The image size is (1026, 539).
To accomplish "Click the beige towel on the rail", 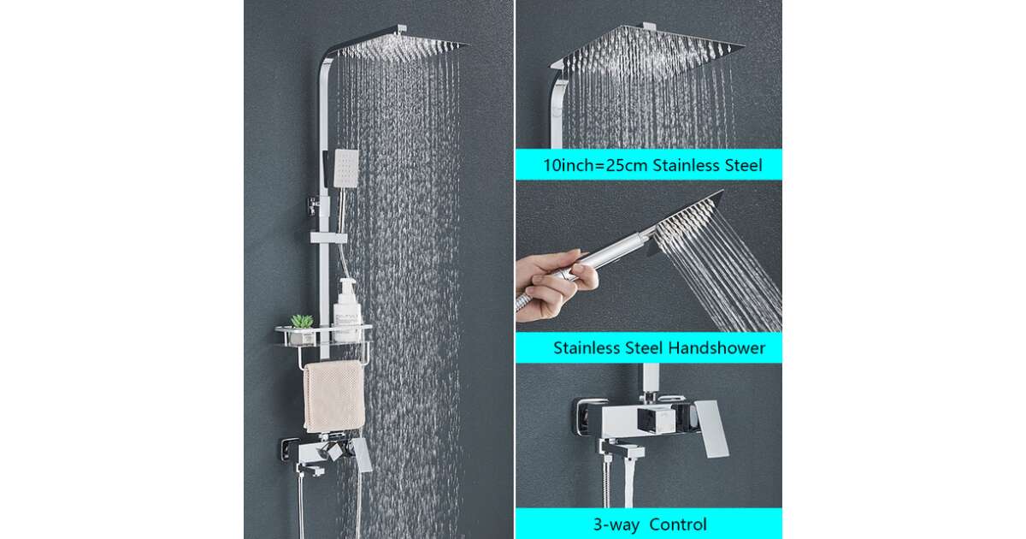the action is (x=334, y=396).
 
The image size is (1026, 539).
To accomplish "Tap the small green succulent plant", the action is (x=301, y=321).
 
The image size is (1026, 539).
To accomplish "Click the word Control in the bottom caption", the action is (x=678, y=524).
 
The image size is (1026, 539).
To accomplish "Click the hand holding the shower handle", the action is (x=555, y=284).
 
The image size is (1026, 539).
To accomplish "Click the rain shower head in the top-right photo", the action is (x=648, y=46).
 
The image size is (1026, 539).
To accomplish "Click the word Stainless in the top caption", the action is (x=686, y=165).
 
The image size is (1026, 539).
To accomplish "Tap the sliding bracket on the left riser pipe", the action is (x=328, y=238).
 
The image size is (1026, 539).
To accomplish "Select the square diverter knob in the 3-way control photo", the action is (x=656, y=421).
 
